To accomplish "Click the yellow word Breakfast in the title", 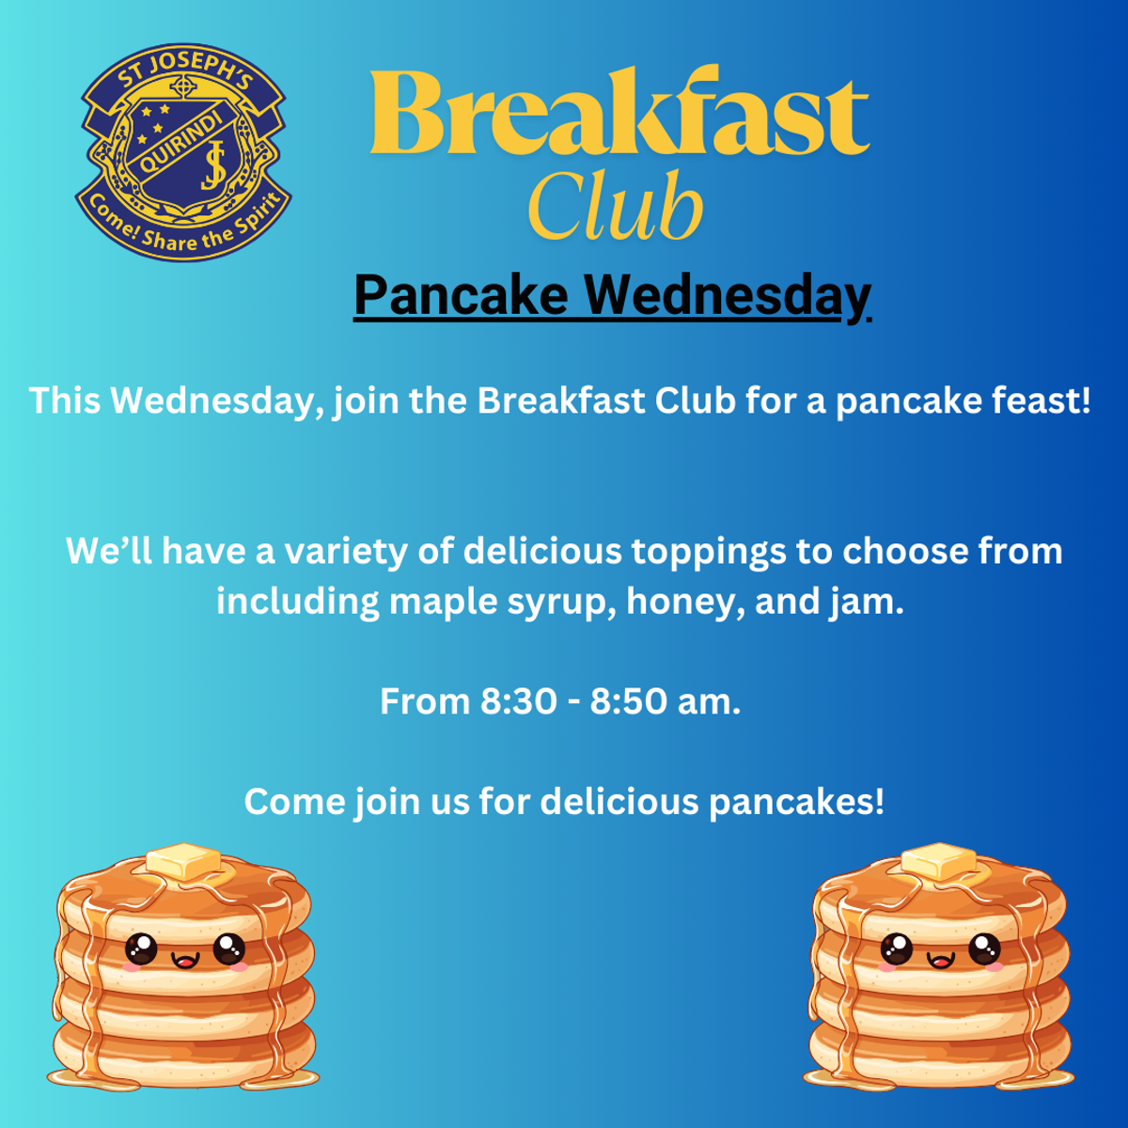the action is (x=619, y=111).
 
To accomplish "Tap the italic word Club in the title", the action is (x=615, y=205).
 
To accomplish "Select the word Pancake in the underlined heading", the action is (x=462, y=294).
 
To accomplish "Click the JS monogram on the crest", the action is (x=213, y=166).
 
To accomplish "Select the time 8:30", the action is (x=518, y=701).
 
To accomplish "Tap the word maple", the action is (x=443, y=603).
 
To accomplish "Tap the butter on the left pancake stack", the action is (x=183, y=860).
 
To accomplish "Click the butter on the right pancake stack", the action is (x=939, y=860).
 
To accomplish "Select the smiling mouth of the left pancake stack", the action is (x=185, y=959).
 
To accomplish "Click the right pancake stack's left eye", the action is (x=897, y=948).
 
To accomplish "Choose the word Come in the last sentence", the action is (x=294, y=802).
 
